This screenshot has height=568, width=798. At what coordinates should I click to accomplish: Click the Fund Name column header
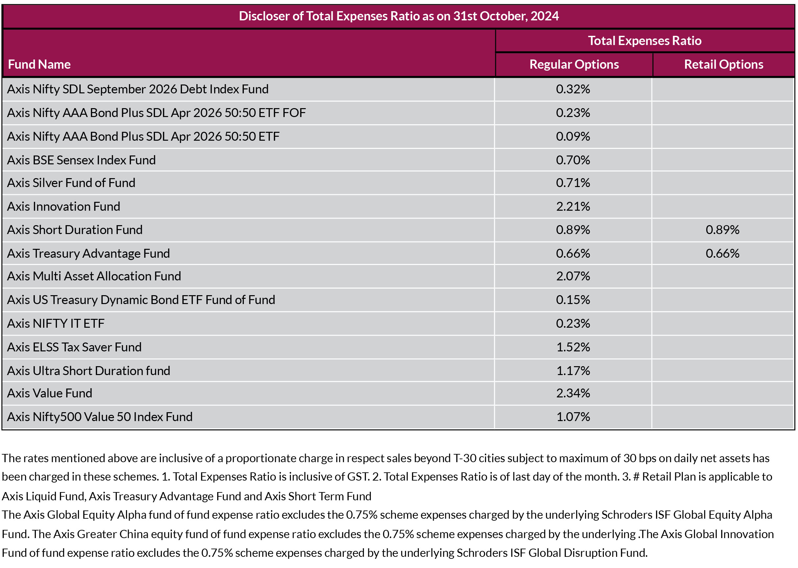39,64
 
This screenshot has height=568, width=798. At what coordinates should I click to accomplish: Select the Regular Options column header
574,64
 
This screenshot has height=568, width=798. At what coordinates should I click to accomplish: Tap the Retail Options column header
723,64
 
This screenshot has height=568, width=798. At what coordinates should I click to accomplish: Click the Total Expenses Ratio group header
644,40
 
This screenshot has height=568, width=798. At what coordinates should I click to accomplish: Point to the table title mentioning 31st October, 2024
399,16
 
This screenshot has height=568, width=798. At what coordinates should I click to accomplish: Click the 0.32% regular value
573,89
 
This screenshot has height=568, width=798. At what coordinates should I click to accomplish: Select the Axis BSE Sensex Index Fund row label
81,160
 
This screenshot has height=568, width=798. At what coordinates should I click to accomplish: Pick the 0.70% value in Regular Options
573,160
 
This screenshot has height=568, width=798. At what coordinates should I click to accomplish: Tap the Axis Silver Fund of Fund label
71,183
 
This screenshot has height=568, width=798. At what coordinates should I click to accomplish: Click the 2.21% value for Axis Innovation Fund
573,206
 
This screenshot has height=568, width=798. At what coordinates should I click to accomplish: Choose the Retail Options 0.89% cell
722,230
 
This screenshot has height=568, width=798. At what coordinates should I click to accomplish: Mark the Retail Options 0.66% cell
722,253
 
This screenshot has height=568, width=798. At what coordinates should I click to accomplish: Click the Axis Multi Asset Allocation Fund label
94,276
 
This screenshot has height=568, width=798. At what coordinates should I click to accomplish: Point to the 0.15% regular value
573,300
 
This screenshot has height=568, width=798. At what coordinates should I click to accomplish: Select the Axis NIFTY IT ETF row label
56,323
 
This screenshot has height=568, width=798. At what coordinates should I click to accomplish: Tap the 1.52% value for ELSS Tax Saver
573,347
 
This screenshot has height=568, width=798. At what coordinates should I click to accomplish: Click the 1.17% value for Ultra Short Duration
573,371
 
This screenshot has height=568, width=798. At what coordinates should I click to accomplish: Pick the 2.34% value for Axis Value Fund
573,393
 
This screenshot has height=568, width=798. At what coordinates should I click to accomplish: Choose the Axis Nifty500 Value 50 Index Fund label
100,417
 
